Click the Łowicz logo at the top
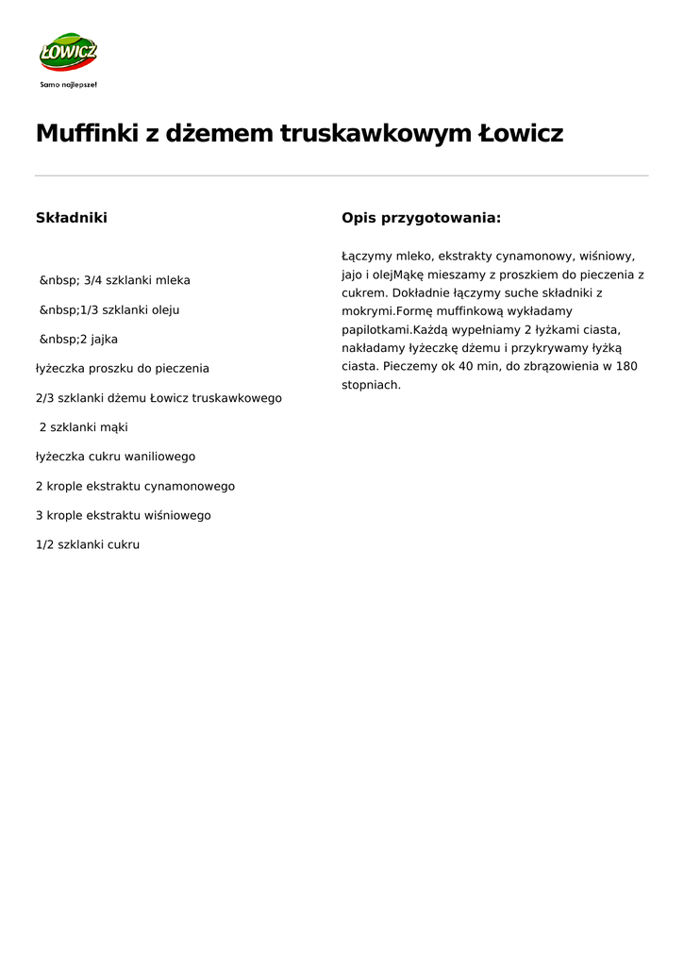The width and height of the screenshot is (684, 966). (x=68, y=53)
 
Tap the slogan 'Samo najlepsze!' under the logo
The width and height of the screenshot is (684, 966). (x=68, y=84)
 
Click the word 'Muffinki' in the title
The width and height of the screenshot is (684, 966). (x=86, y=134)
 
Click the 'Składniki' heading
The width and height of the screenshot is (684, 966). (x=72, y=218)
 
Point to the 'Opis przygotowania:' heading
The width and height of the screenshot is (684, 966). (x=421, y=218)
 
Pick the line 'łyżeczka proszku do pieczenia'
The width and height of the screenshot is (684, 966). (x=123, y=368)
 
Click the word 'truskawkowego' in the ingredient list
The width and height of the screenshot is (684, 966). (x=237, y=398)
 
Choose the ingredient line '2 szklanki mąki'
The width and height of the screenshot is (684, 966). (x=84, y=427)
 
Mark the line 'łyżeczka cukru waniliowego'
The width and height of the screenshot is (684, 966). (x=116, y=457)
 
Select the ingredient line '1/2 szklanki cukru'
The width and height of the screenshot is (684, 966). (x=88, y=544)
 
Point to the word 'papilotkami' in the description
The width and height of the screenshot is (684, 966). (x=375, y=330)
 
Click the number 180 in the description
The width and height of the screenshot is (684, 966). (x=626, y=366)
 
